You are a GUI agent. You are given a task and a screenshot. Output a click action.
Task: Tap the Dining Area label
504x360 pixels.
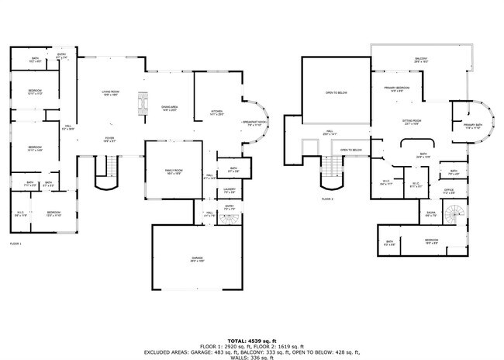[x=170, y=109]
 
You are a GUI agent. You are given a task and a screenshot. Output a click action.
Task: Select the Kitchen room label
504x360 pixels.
[x=216, y=112]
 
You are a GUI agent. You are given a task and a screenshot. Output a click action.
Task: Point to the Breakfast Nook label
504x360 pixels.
[x=254, y=123]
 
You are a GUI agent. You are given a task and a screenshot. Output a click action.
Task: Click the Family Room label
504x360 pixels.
[x=172, y=171]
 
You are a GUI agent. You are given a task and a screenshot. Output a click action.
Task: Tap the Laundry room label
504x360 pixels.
[x=229, y=190]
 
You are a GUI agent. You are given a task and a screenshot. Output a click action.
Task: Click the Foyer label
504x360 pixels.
[x=110, y=140]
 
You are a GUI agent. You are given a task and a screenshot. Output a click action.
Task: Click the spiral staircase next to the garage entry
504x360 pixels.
[x=227, y=218]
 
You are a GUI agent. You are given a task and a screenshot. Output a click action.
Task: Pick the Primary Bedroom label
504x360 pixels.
[x=396, y=88]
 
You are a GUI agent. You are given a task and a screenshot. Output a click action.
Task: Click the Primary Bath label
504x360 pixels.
[x=473, y=126]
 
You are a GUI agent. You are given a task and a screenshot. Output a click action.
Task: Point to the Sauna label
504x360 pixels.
[x=430, y=213]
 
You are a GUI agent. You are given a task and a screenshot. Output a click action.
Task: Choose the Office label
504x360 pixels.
[x=448, y=190]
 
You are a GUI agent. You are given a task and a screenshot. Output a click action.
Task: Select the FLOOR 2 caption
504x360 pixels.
[x=327, y=199]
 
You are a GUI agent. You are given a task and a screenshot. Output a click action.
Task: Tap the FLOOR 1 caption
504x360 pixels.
[x=16, y=244]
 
